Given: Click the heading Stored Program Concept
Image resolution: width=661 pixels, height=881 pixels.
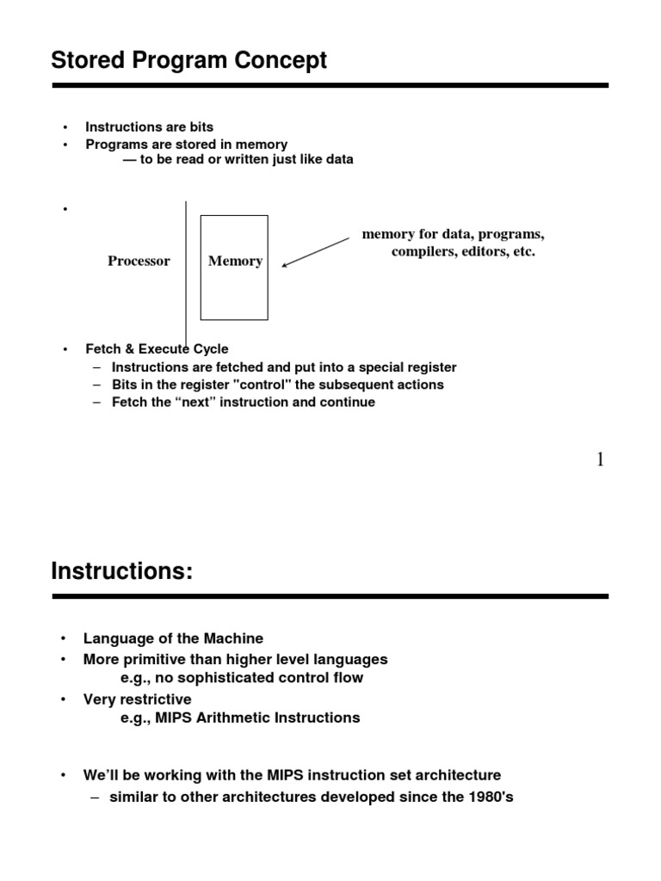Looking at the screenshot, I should pyautogui.click(x=189, y=61).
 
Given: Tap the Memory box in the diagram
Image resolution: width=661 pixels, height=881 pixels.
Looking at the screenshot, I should pyautogui.click(x=234, y=267).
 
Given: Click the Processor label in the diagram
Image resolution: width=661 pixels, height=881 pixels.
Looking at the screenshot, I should pyautogui.click(x=139, y=262).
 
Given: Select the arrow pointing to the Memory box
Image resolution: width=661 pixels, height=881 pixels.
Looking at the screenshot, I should pyautogui.click(x=315, y=251).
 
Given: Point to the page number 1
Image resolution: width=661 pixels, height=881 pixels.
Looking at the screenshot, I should pyautogui.click(x=600, y=460).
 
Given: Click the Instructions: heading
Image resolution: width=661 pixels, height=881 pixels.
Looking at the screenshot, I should pyautogui.click(x=121, y=570).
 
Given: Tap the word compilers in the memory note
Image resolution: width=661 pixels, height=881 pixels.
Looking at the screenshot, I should pyautogui.click(x=423, y=252).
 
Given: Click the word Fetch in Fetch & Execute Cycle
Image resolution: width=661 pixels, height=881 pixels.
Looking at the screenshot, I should pyautogui.click(x=102, y=349).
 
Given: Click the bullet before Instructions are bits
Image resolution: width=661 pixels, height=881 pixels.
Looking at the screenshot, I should pyautogui.click(x=65, y=127).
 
